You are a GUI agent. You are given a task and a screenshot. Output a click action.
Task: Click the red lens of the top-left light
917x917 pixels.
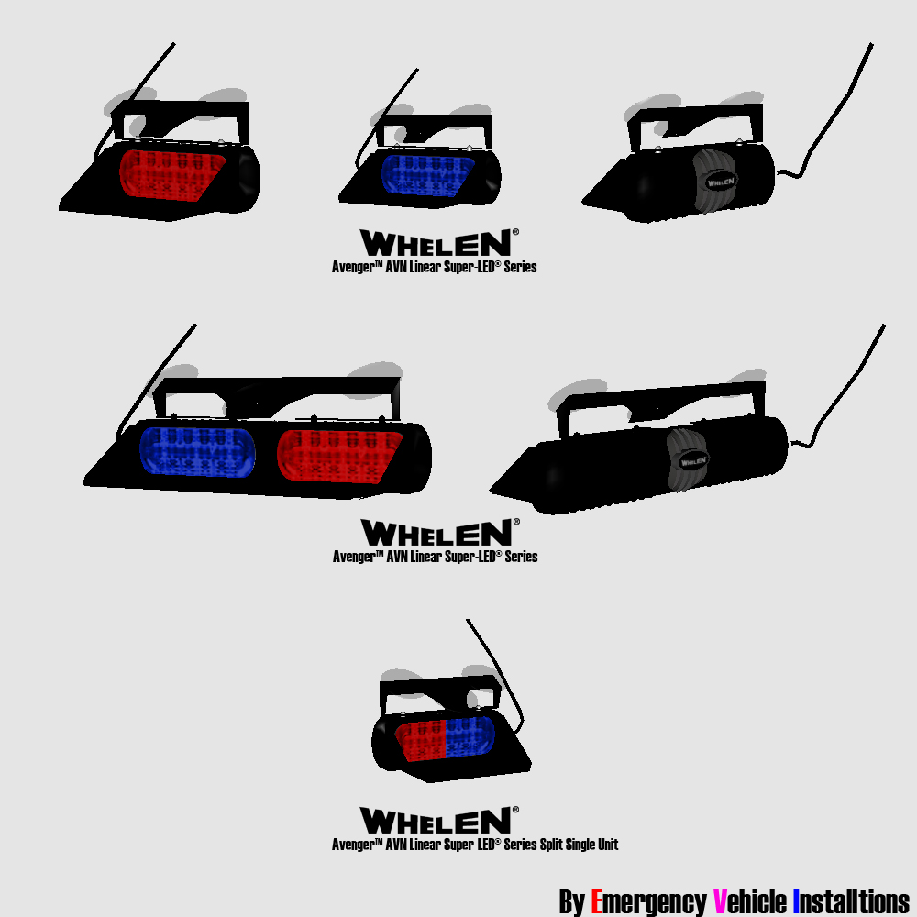[172, 175]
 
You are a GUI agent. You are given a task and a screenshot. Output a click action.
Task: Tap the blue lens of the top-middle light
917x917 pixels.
[427, 175]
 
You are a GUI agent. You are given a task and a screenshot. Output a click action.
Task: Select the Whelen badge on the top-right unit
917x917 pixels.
[721, 182]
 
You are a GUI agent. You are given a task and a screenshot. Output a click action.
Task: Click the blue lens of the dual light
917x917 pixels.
[198, 451]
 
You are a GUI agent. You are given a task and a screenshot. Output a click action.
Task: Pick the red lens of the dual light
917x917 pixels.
[339, 456]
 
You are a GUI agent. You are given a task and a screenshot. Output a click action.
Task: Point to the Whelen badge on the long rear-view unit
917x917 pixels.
[693, 461]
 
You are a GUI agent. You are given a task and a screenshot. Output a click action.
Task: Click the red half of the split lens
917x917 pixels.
[421, 738]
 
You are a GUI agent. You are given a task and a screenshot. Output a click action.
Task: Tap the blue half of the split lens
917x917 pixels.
[470, 737]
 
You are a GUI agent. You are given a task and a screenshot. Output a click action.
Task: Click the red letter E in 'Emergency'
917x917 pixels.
[597, 901]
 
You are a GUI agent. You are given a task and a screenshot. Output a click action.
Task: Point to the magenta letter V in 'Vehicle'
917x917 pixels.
[720, 901]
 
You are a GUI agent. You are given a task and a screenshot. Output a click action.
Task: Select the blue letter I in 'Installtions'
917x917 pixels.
[796, 901]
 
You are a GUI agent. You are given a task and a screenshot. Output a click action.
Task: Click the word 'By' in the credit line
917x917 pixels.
[572, 902]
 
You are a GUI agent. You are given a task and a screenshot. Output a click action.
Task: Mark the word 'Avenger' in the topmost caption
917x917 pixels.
[354, 267]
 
